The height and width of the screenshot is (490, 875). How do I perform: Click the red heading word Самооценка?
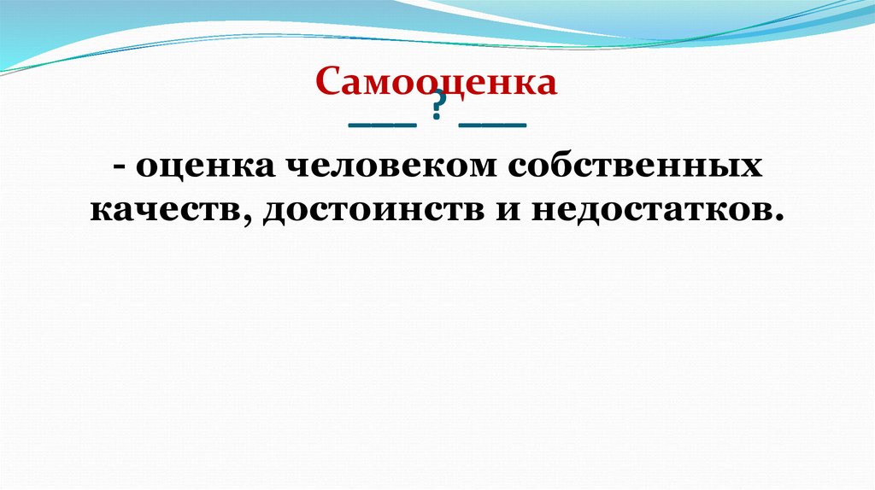point(437,82)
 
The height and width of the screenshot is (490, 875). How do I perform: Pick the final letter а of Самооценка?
point(547,84)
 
